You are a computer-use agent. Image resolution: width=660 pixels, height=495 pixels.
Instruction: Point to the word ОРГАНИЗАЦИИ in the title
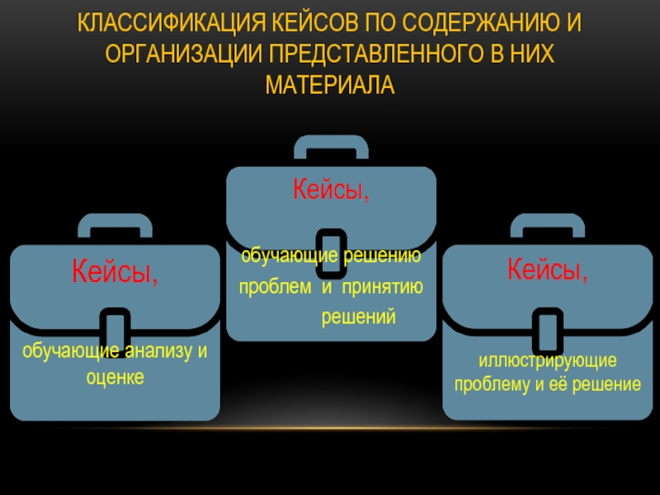[x=178, y=54]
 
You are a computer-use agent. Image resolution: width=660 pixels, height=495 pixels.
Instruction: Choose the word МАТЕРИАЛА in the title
[x=330, y=85]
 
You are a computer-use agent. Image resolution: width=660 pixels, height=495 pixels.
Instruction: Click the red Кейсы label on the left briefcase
[x=115, y=271]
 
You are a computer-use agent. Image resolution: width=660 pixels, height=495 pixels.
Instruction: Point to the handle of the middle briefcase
[x=331, y=147]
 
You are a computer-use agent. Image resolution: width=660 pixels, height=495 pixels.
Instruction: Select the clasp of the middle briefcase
[x=331, y=251]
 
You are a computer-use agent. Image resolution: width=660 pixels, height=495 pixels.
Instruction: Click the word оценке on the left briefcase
[x=115, y=376]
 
